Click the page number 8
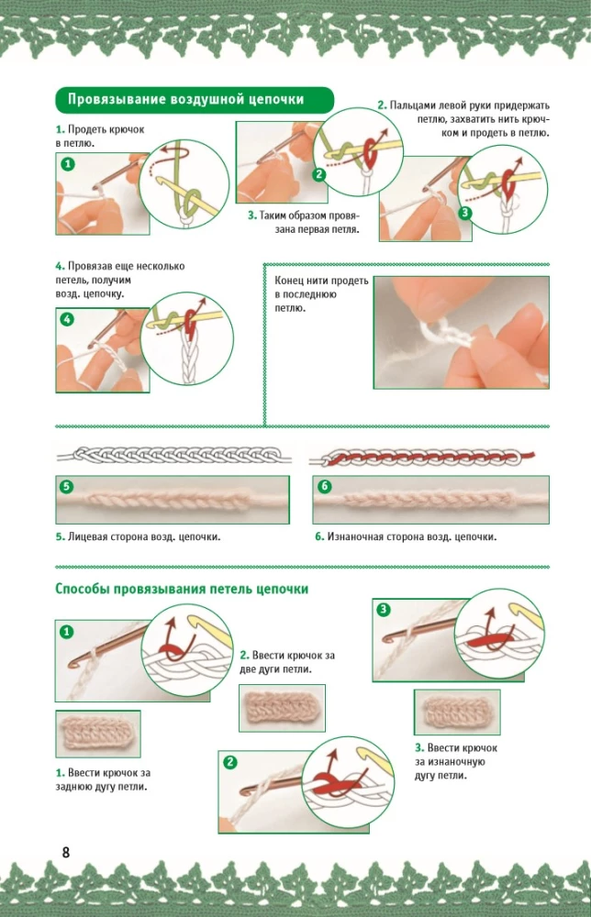click(x=65, y=852)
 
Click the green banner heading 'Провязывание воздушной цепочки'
click(x=193, y=99)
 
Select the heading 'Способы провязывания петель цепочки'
click(x=182, y=589)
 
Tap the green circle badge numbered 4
click(x=68, y=320)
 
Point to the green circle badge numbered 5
click(x=67, y=486)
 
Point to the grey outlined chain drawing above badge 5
click(x=173, y=456)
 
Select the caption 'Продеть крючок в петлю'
click(x=99, y=137)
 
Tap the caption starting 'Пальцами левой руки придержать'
click(x=463, y=119)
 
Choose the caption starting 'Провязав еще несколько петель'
click(x=118, y=280)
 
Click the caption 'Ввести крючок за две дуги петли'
click(x=286, y=662)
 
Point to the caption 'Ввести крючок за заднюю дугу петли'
click(x=102, y=779)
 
